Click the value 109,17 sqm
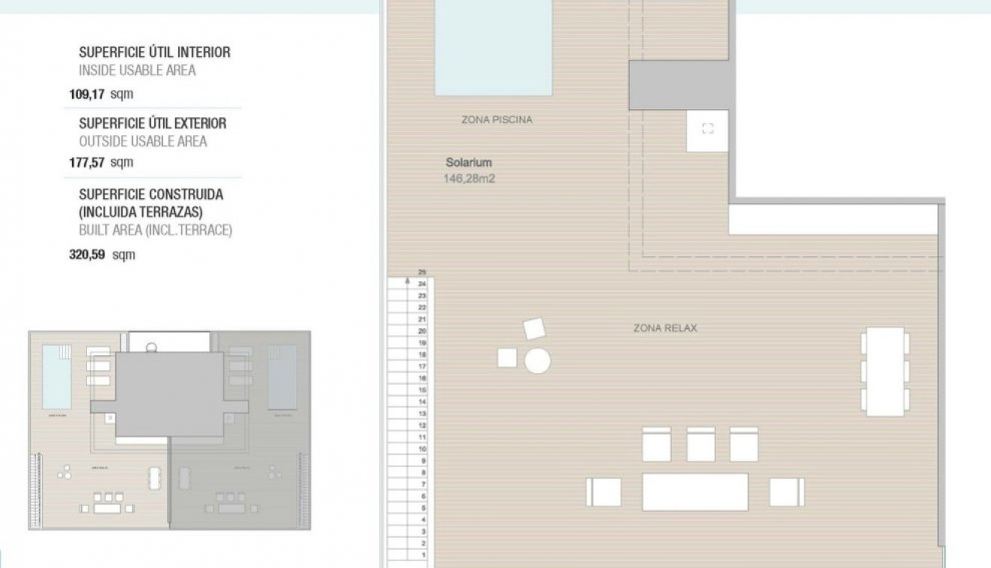[101, 95]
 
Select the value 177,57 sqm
[101, 162]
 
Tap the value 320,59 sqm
[102, 255]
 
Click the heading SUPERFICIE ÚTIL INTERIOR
[155, 53]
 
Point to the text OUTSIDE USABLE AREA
[143, 141]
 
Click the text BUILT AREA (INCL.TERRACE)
[156, 231]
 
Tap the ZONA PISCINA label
[497, 119]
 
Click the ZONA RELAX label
[665, 328]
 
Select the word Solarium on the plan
[469, 162]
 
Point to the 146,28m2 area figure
[470, 179]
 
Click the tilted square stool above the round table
[533, 329]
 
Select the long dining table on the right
[884, 371]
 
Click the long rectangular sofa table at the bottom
[695, 492]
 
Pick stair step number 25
[422, 272]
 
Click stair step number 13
[422, 414]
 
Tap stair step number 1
[423, 555]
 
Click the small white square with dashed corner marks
[707, 130]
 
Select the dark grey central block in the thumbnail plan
[170, 394]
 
